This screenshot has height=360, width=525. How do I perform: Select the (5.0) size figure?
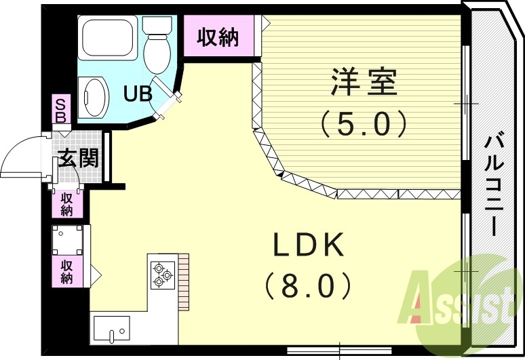tap(364, 123)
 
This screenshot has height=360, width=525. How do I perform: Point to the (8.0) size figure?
tap(309, 285)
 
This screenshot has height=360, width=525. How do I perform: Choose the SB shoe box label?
tap(61, 110)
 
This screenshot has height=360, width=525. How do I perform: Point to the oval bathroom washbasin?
tap(94, 97)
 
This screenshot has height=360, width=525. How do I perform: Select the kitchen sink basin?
tap(111, 329)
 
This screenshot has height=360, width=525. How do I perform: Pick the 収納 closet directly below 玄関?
tap(67, 204)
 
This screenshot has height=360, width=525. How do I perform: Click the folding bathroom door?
tap(167, 97)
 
